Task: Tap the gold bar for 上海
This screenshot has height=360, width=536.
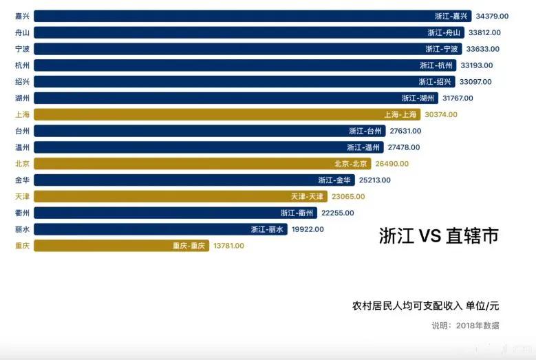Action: click(206, 115)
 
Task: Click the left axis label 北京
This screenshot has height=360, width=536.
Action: click(22, 164)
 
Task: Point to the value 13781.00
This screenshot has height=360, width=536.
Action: click(229, 246)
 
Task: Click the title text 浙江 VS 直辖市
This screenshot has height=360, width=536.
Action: click(438, 236)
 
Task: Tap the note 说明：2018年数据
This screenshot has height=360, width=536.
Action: click(465, 326)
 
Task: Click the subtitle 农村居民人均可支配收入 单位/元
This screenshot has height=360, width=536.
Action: click(425, 306)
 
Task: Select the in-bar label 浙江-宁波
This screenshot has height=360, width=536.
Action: click(442, 49)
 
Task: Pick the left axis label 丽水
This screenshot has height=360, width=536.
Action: click(22, 229)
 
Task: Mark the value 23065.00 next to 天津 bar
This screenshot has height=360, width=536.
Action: click(348, 197)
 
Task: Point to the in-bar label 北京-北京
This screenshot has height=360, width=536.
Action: click(351, 164)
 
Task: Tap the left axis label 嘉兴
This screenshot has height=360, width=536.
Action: click(22, 16)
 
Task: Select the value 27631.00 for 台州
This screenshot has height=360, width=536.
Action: click(405, 131)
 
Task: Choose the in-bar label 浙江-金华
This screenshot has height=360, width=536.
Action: click(334, 180)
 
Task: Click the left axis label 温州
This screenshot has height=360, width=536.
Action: click(22, 147)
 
